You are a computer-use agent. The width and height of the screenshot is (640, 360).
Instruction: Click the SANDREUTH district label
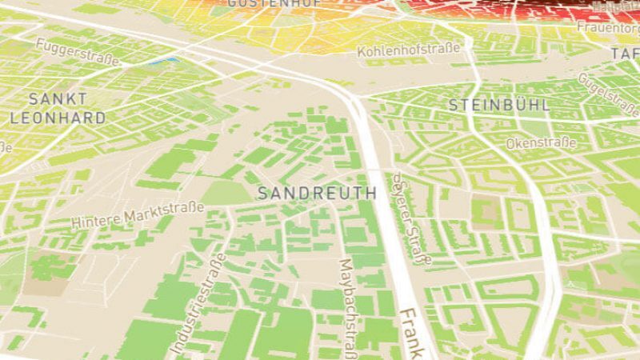coord(317,193)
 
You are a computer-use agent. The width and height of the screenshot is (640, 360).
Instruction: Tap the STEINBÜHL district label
coord(498,105)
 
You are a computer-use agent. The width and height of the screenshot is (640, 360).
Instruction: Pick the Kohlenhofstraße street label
coord(409,50)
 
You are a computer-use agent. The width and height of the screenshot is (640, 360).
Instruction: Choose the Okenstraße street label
coord(542,143)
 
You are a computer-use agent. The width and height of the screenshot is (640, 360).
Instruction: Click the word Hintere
coord(94,219)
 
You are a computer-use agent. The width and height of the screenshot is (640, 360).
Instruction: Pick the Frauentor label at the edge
coord(608,27)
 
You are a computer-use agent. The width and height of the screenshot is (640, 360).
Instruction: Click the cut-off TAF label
coord(625,54)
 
